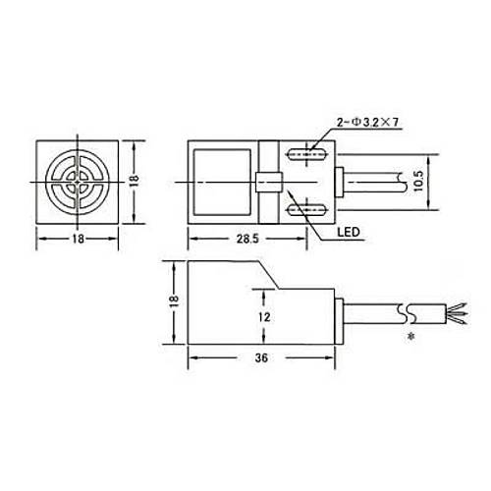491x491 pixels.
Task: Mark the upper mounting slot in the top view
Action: pyautogui.click(x=307, y=153)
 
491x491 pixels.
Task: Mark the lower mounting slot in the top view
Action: pyautogui.click(x=307, y=210)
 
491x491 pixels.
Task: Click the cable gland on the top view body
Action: pyautogui.click(x=340, y=182)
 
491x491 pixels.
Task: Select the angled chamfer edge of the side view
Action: pyautogui.click(x=270, y=275)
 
